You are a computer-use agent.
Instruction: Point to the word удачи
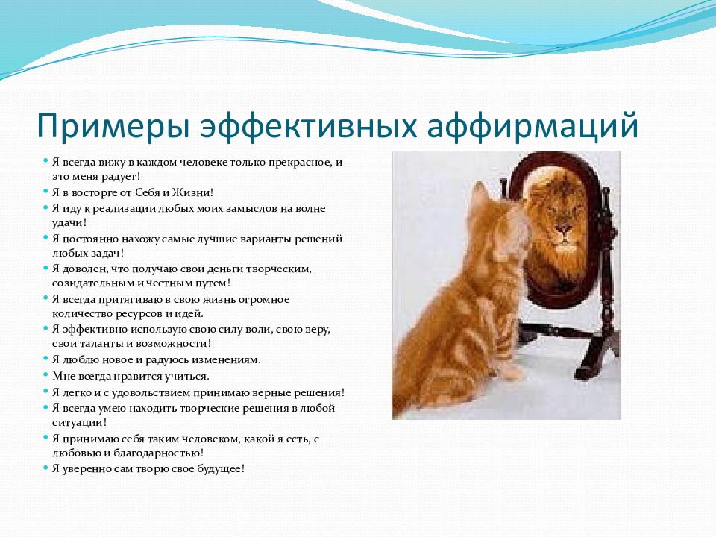69,223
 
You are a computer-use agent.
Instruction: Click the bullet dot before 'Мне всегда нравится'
45,375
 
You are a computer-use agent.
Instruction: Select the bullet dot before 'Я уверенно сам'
45,468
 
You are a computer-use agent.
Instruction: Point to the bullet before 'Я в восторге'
45,192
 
